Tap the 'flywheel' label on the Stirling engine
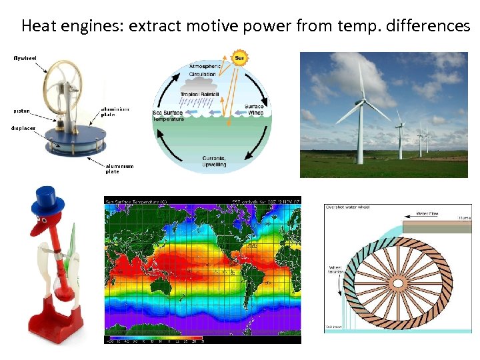25,58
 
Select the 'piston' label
21,111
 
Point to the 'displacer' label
23,128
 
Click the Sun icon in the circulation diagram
239,57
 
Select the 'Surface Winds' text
254,109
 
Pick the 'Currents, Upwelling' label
214,161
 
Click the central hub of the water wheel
398,283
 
